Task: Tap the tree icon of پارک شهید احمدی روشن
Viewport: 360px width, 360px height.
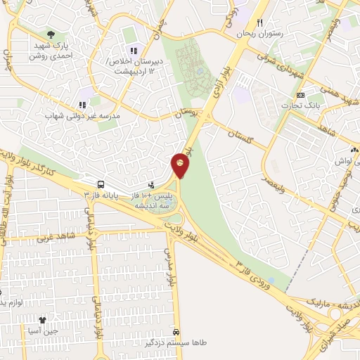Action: point(50,33)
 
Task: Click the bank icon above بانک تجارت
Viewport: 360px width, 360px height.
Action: point(301,95)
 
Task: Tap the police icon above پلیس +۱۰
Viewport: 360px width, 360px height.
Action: point(151,184)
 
